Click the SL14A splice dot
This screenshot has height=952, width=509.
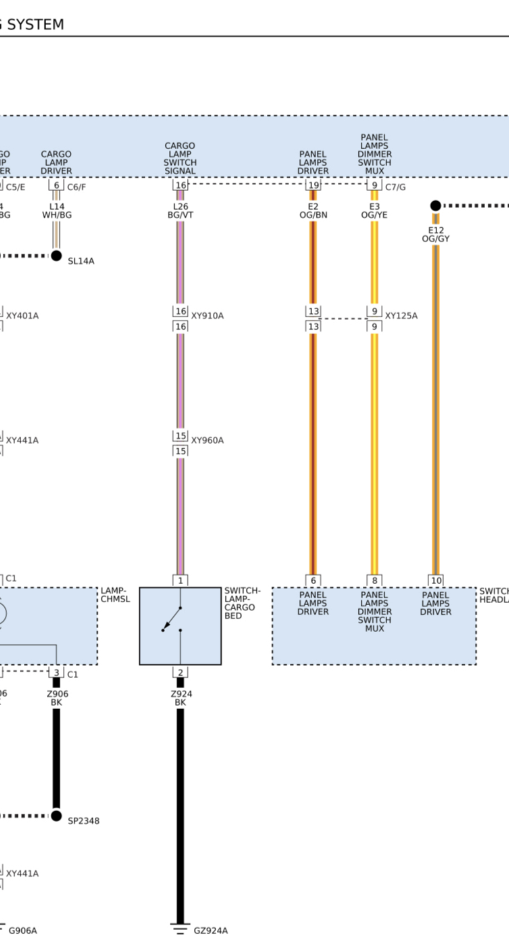click(57, 256)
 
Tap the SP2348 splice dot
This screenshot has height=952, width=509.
click(57, 815)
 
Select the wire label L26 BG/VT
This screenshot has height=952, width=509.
click(180, 211)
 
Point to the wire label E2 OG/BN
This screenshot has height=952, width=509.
click(313, 211)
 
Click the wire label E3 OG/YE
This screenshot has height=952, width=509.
click(374, 211)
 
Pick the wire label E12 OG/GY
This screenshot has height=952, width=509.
click(436, 235)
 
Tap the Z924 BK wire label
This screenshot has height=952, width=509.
click(180, 698)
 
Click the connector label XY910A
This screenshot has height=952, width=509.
click(207, 316)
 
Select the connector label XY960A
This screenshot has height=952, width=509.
click(207, 440)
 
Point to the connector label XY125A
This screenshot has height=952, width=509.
click(401, 316)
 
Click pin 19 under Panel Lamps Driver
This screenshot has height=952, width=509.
click(313, 185)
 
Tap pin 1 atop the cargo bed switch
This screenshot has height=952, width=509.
click(180, 581)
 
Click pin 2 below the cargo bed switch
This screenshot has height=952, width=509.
click(180, 672)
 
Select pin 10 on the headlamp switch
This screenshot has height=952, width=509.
click(436, 581)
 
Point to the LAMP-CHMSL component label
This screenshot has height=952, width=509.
click(115, 594)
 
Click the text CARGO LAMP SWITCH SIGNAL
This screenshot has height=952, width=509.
click(180, 158)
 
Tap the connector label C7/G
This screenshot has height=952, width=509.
click(395, 187)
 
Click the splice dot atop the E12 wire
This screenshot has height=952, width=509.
click(436, 205)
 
